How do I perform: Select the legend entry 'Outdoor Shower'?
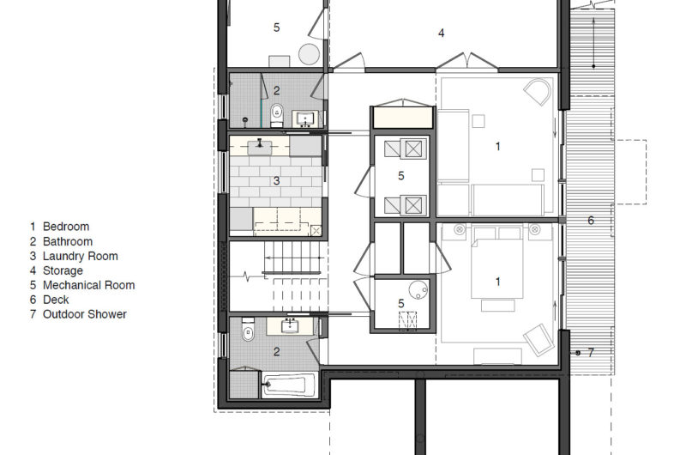(x=84, y=314)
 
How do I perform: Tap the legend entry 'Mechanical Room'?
(x=88, y=285)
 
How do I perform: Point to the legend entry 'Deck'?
(x=56, y=300)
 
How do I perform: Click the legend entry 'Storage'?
(x=63, y=270)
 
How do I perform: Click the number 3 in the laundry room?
(x=276, y=181)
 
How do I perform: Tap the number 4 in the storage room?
(x=441, y=33)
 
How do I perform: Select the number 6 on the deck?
(x=590, y=221)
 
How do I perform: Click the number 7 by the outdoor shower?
(x=590, y=352)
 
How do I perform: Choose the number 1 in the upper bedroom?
(x=497, y=147)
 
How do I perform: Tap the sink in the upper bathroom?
(x=304, y=118)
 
